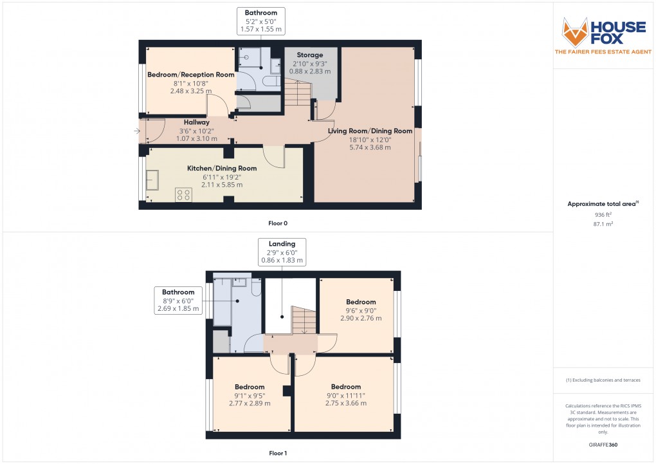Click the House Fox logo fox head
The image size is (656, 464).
point(576,32)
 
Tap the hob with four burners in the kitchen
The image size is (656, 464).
point(183,194)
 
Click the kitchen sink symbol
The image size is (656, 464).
point(152,180)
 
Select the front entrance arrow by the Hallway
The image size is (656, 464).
point(136,131)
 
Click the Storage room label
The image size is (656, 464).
point(310,55)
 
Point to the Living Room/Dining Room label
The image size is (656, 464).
point(370,131)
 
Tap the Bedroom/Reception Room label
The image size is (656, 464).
point(191,75)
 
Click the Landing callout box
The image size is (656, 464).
point(282,252)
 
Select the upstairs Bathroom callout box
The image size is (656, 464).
point(178,301)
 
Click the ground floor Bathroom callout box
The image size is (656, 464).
point(261,21)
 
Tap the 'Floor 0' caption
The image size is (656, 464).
point(278,223)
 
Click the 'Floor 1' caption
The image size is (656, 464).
point(278,453)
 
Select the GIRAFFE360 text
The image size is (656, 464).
point(603,444)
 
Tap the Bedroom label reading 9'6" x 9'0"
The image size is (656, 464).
point(361,310)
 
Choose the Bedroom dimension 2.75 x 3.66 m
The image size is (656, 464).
point(346,404)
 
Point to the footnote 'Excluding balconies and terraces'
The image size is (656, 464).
point(603,380)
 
